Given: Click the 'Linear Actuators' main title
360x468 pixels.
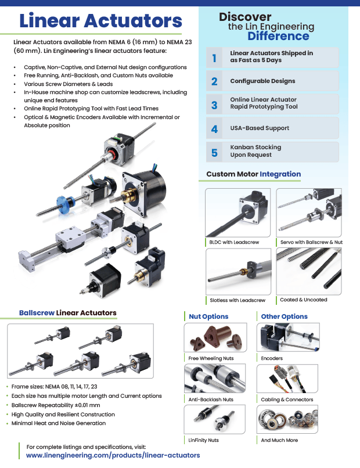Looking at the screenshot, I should click(101, 21).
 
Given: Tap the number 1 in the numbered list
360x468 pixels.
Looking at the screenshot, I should click(214, 57).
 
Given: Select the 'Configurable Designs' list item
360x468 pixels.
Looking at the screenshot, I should click(262, 81).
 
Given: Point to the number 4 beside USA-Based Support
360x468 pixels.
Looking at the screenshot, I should click(214, 129).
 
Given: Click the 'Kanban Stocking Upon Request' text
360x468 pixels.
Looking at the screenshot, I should click(255, 151).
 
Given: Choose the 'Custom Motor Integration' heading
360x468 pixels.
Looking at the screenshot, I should click(254, 174).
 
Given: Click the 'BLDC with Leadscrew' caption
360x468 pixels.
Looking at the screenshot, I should click(234, 242).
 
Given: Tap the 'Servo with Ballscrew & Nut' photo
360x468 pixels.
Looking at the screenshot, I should click(308, 212).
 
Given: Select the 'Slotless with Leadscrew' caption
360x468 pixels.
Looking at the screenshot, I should click(237, 300).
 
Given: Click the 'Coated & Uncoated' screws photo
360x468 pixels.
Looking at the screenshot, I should click(308, 271).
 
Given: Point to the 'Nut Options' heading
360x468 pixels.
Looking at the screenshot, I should click(208, 316).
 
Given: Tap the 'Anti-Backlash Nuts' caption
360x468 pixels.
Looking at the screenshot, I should click(211, 399).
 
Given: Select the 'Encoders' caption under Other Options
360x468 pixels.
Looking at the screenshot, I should click(272, 358).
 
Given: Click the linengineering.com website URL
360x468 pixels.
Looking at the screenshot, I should click(113, 455).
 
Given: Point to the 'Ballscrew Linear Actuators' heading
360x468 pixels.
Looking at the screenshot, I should click(67, 313).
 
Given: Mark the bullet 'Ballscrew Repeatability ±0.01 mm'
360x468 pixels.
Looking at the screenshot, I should click(56, 405).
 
